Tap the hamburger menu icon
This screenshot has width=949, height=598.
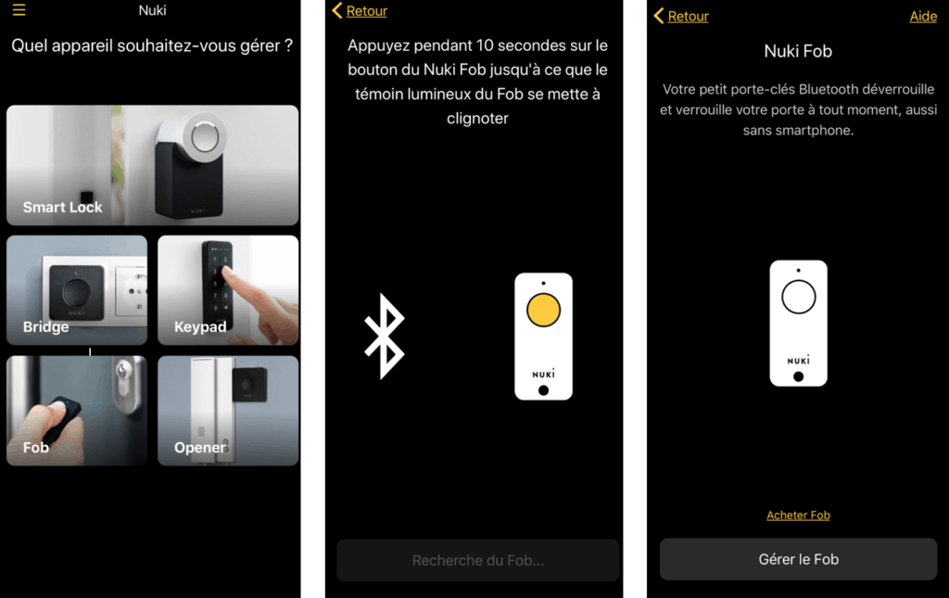(19, 9)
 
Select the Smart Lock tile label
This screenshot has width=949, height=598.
(62, 207)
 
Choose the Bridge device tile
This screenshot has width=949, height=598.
(77, 290)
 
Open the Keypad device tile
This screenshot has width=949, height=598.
(228, 290)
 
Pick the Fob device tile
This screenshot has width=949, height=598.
(77, 411)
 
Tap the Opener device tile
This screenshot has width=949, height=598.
(228, 411)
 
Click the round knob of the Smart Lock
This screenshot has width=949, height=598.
(205, 136)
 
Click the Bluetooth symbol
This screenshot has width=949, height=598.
(384, 337)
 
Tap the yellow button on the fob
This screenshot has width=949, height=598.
(543, 310)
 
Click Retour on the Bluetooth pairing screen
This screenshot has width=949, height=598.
(361, 10)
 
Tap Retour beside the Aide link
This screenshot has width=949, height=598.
(681, 16)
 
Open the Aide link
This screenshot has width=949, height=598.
(923, 17)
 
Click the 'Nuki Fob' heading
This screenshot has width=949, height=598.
(798, 51)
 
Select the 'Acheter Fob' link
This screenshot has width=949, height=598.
(798, 515)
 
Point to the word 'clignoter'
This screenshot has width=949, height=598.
(477, 119)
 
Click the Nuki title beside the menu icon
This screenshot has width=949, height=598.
(153, 10)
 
